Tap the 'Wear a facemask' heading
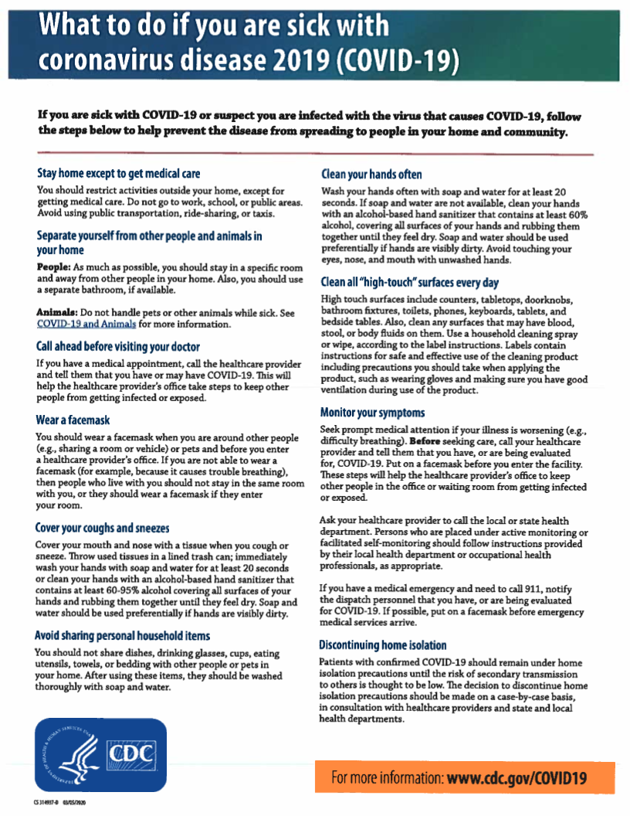coord(73,420)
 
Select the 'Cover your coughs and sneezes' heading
coord(103,528)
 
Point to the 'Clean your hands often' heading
coord(371,174)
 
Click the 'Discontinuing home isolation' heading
coord(383,644)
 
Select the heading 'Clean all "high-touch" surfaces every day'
coord(409,282)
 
